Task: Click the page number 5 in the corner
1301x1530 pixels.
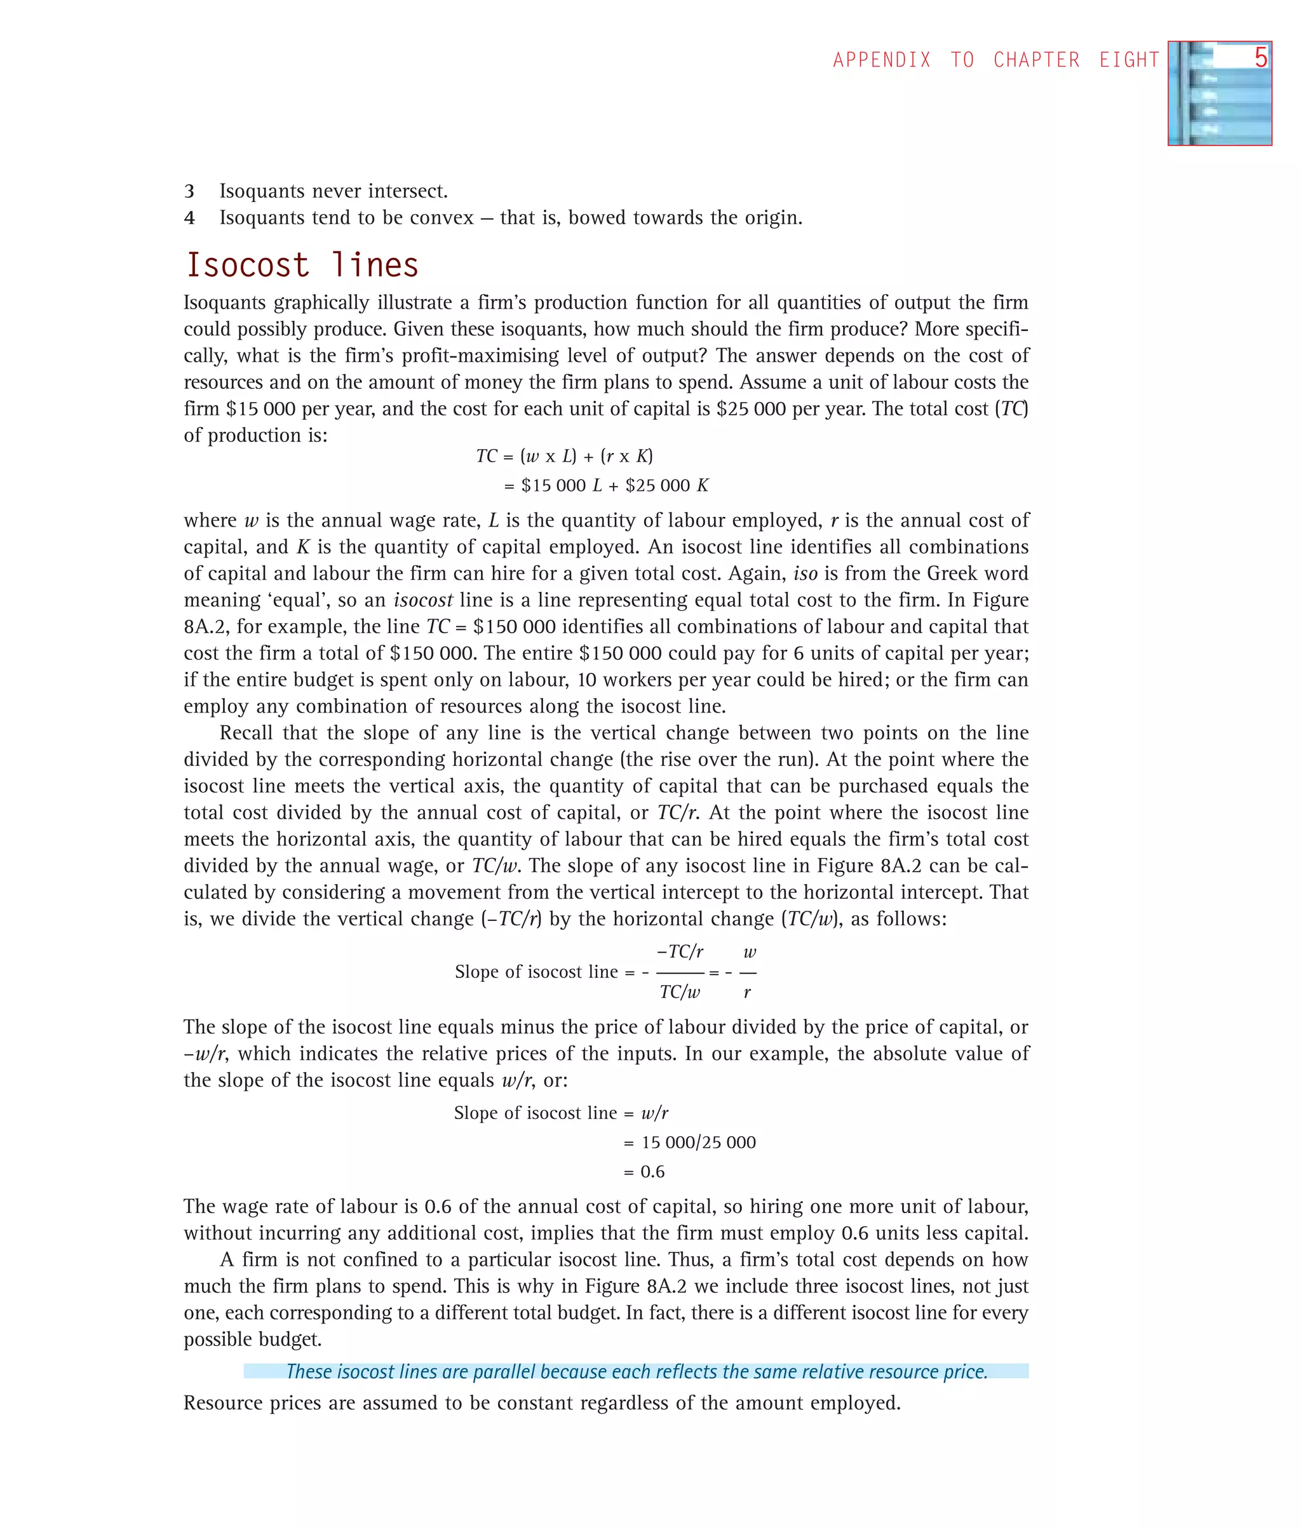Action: [1260, 58]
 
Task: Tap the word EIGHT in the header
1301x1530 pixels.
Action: [1129, 60]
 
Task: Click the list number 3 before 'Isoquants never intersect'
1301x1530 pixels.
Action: [189, 192]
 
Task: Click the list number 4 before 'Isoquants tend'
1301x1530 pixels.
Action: [189, 218]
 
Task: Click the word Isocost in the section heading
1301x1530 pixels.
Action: [247, 265]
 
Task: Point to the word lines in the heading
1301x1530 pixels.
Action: [375, 265]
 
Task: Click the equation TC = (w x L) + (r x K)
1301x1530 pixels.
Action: [564, 457]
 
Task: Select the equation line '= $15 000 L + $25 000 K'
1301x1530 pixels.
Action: [605, 486]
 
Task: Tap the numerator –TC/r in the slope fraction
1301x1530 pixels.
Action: [679, 952]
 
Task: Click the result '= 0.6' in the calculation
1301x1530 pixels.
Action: [644, 1172]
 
